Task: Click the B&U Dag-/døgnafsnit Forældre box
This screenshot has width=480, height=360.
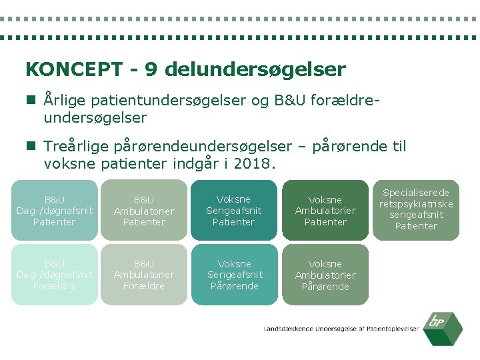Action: click(55, 275)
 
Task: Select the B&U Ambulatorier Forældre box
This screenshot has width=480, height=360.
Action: click(144, 275)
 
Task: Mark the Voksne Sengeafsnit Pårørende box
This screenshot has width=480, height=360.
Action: click(233, 275)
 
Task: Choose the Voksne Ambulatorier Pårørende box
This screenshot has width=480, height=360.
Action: click(325, 275)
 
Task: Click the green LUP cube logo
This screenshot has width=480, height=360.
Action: click(445, 328)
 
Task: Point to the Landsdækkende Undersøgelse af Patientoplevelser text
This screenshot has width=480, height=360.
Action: click(341, 329)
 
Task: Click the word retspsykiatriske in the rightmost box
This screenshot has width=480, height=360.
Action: click(416, 204)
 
